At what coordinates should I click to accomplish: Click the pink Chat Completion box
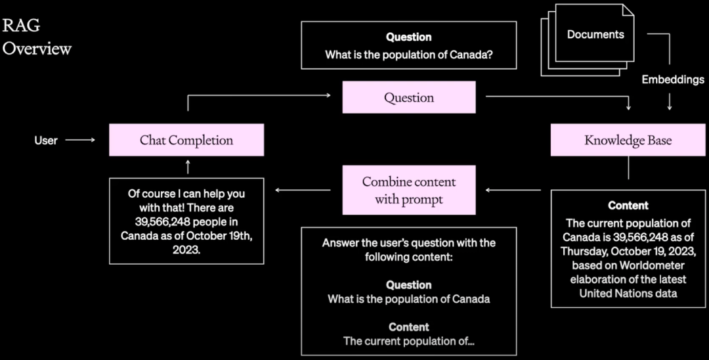[x=186, y=140]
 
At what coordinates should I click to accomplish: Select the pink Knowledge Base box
[x=628, y=140]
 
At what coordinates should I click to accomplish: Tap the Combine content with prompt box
[x=409, y=190]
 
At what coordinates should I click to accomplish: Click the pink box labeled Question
[x=409, y=97]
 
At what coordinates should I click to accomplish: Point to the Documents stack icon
[x=588, y=40]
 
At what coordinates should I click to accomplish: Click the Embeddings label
[x=673, y=79]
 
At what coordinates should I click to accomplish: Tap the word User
[x=46, y=140]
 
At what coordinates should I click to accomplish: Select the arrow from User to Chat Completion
[x=80, y=140]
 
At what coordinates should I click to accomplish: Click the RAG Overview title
[x=37, y=37]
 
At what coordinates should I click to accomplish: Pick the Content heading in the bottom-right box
[x=628, y=206]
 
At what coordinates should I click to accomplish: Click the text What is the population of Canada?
[x=409, y=55]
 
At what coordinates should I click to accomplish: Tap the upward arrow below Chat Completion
[x=188, y=166]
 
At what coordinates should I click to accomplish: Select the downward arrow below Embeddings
[x=670, y=102]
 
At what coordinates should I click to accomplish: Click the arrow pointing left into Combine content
[x=513, y=190]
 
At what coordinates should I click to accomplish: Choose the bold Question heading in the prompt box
[x=409, y=285]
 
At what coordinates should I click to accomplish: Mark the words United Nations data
[x=628, y=293]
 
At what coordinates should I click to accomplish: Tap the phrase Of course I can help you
[x=186, y=194]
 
